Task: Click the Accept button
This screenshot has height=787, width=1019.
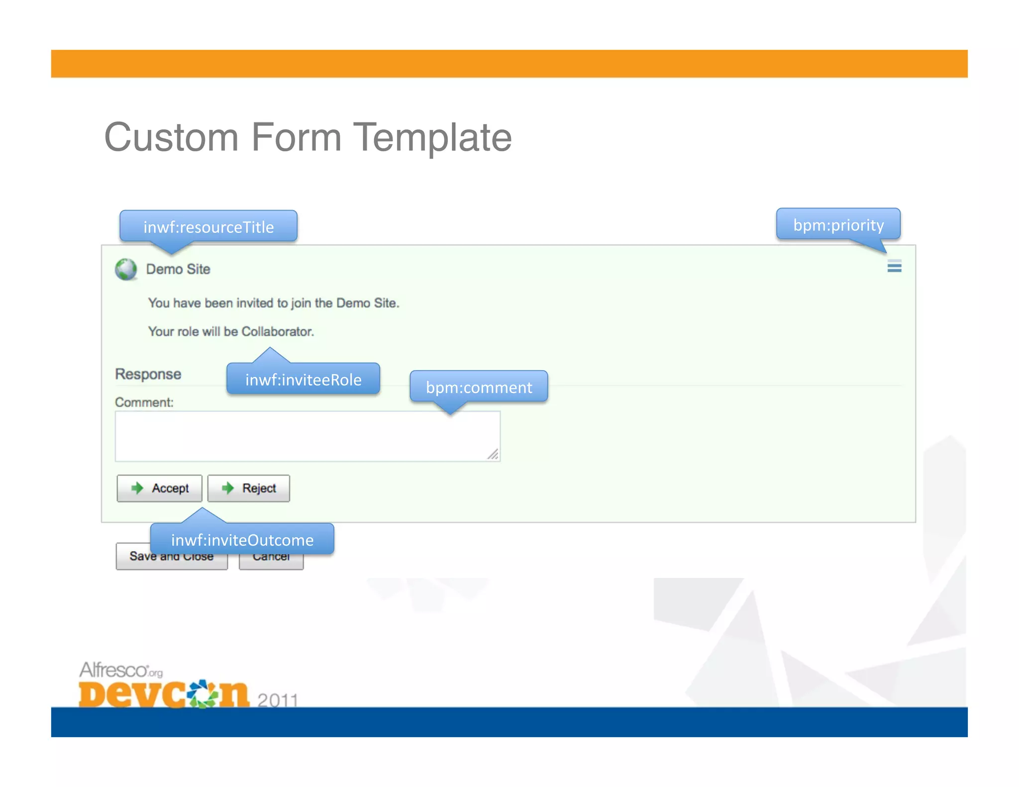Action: pyautogui.click(x=159, y=488)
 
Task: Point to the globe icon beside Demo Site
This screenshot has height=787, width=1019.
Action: pyautogui.click(x=126, y=269)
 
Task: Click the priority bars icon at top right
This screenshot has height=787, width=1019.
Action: pyautogui.click(x=894, y=267)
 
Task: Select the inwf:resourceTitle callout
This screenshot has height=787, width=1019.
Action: pyautogui.click(x=208, y=227)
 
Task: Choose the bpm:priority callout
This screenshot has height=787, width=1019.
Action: pyautogui.click(x=838, y=225)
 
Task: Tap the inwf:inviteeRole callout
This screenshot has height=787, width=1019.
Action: pyautogui.click(x=303, y=380)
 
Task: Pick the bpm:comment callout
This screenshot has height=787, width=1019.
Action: pyautogui.click(x=479, y=387)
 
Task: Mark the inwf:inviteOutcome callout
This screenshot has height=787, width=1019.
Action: pyautogui.click(x=242, y=540)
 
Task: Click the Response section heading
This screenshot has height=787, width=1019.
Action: pyautogui.click(x=148, y=374)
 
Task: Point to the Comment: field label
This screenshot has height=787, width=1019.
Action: pyautogui.click(x=144, y=402)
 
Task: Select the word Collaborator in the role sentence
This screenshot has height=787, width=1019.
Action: pyautogui.click(x=277, y=331)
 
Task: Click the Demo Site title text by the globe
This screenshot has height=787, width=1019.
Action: pyautogui.click(x=178, y=269)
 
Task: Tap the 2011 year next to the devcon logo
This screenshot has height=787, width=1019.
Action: pyautogui.click(x=278, y=699)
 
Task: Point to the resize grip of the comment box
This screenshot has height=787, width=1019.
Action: pyautogui.click(x=493, y=454)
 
